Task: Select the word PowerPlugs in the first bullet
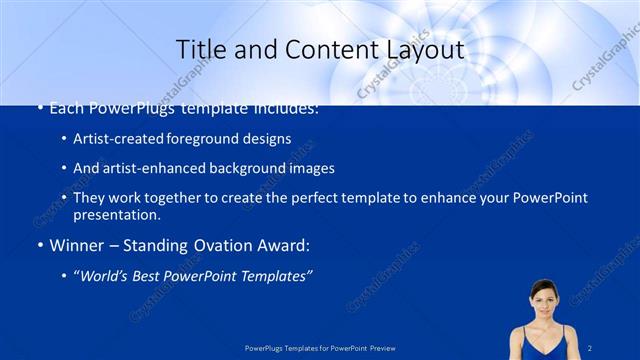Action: click(130, 107)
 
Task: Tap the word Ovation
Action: click(214, 245)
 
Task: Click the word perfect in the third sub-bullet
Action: click(277, 198)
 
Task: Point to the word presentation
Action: click(116, 214)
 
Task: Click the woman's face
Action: click(543, 299)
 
